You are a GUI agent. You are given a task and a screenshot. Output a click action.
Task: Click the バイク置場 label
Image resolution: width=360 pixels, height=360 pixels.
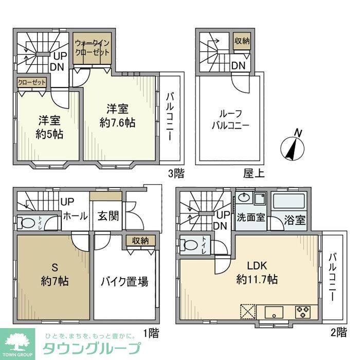(124, 281)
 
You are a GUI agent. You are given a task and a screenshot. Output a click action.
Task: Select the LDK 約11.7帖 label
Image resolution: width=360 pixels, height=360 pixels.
(257, 273)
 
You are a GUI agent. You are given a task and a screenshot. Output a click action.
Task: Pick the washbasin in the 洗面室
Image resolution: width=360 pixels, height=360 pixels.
(244, 199)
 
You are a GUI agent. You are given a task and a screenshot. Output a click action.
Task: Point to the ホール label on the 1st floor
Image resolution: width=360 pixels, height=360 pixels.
(75, 217)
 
